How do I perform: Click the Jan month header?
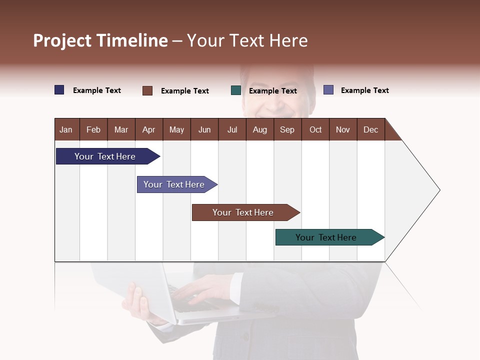click(66, 129)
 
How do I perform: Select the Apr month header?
click(148, 129)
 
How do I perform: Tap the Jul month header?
click(232, 129)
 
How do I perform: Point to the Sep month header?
click(287, 129)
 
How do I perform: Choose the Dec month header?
click(370, 129)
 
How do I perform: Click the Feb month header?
click(93, 129)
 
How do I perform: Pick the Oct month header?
click(315, 129)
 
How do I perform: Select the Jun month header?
click(204, 129)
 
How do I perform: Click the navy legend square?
click(59, 90)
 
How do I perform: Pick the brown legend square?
click(147, 90)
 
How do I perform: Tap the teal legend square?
click(236, 90)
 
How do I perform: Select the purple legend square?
click(328, 90)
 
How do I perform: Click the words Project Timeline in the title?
click(100, 40)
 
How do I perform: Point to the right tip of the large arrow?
click(438, 190)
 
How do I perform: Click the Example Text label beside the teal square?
click(272, 91)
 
